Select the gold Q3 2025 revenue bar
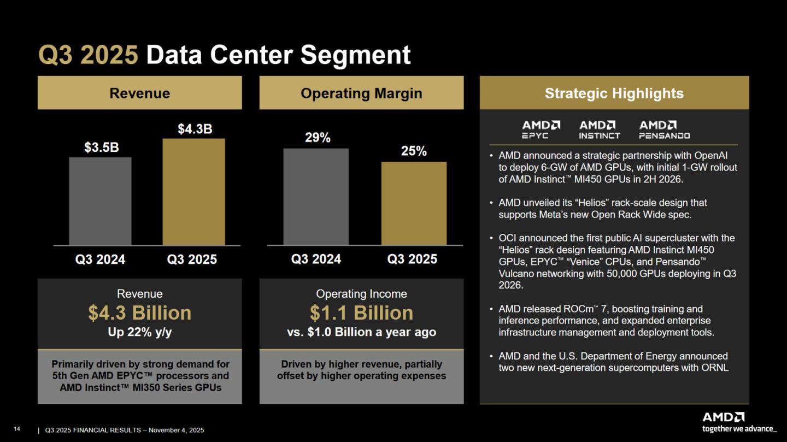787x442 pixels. pyautogui.click(x=193, y=192)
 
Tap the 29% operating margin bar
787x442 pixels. pyautogui.click(x=316, y=197)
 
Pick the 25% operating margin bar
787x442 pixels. pyautogui.click(x=414, y=203)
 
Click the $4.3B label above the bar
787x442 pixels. pyautogui.click(x=195, y=129)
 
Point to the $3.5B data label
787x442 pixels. pyautogui.click(x=101, y=148)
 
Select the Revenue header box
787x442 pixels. pyautogui.click(x=139, y=93)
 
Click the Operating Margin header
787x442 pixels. pyautogui.click(x=361, y=93)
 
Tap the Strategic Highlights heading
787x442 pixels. pyautogui.click(x=614, y=93)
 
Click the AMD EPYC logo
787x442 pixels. pyautogui.click(x=541, y=129)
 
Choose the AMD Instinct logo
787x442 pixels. pyautogui.click(x=600, y=129)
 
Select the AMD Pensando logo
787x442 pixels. pyautogui.click(x=664, y=129)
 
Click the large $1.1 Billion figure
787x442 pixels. pyautogui.click(x=361, y=313)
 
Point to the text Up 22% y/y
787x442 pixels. pyautogui.click(x=139, y=332)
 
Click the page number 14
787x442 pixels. pyautogui.click(x=16, y=429)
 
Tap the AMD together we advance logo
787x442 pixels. pyautogui.click(x=739, y=422)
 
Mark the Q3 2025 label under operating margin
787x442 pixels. pyautogui.click(x=412, y=259)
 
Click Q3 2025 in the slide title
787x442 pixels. pyautogui.click(x=88, y=55)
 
